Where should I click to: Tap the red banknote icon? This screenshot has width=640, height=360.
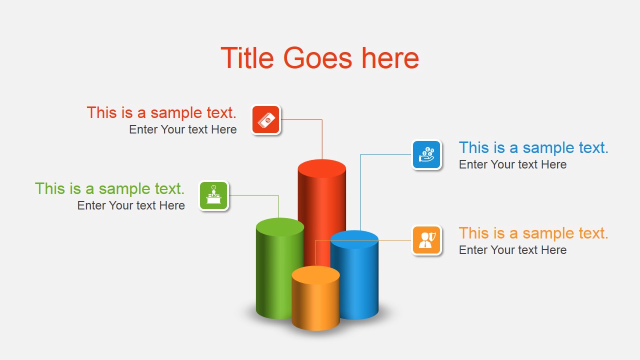coord(266,119)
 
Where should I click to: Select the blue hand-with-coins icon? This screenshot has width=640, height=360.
coord(426,154)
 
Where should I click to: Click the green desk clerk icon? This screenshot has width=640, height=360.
coord(213,195)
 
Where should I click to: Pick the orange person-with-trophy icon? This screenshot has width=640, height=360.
coord(426,240)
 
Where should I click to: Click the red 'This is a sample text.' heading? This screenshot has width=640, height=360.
coord(161,112)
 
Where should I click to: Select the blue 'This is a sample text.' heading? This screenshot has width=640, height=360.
coord(533,147)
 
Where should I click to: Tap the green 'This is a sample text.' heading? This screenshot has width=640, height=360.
coord(110,188)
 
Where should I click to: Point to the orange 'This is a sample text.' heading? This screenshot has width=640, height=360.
coord(533,233)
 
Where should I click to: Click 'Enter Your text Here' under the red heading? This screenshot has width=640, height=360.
coord(183,129)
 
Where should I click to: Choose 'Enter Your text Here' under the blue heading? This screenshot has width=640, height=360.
coord(512,164)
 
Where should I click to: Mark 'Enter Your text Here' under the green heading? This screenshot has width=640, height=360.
coord(131,205)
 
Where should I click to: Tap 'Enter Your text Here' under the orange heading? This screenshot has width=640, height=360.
coord(512,250)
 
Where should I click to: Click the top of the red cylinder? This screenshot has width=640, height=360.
coord(322,168)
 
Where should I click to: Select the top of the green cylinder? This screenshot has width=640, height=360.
coord(280,226)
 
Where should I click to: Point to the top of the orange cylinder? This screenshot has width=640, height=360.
coord(315,274)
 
